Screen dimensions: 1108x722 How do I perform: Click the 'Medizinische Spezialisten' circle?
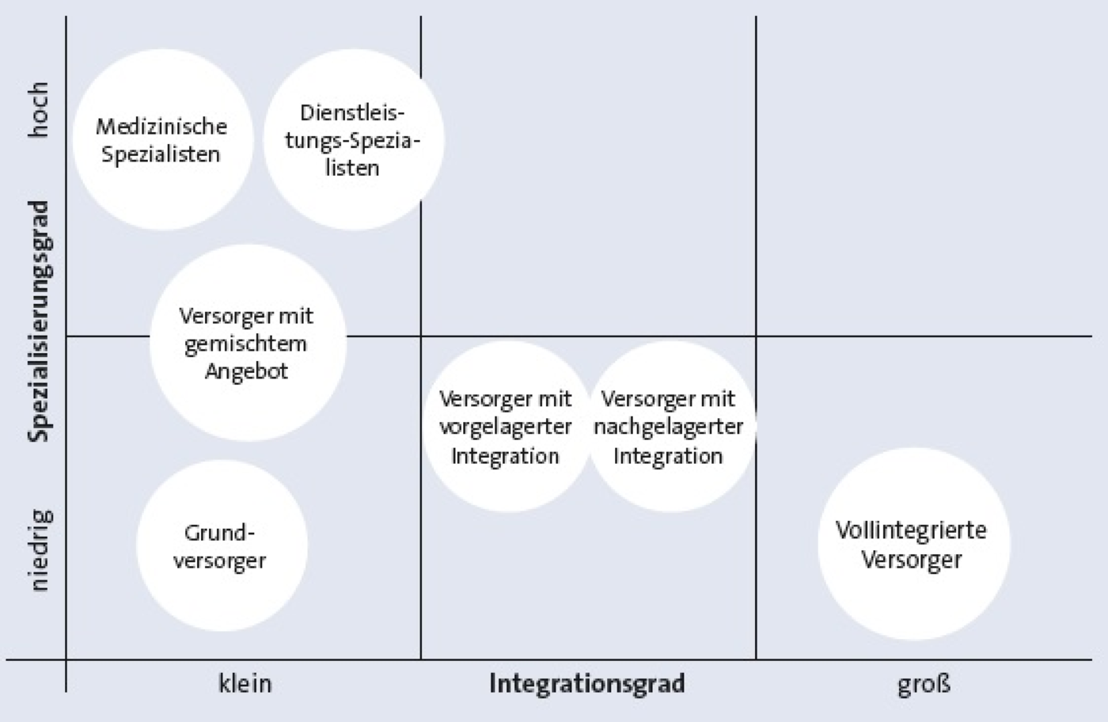coord(163,139)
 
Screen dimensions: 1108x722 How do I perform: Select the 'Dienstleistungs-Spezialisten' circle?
coord(354,139)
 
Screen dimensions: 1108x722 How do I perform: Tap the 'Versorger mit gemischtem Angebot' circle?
coord(248,343)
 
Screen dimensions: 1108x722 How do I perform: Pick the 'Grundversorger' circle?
coord(222,545)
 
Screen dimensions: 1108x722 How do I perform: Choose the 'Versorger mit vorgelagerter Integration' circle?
coord(507,427)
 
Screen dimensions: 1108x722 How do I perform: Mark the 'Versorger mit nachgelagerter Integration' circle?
coord(671,427)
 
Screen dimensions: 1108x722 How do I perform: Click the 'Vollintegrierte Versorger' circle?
coord(913,544)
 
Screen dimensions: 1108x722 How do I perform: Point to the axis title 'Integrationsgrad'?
coord(587,684)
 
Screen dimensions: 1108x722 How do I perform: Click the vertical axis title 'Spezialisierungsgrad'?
coord(38,321)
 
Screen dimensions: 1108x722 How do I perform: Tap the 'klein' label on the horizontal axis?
coord(245,683)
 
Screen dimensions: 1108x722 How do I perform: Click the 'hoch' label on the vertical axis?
coord(38,110)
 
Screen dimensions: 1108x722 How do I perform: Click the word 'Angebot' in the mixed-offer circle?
coord(246,371)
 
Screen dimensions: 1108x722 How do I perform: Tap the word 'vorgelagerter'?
coord(506,427)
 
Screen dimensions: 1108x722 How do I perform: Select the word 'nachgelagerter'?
coord(668,427)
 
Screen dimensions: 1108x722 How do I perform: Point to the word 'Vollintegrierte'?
coord(911,530)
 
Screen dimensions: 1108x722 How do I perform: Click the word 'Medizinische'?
coord(161,127)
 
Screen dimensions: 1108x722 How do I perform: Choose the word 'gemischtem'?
coord(246,344)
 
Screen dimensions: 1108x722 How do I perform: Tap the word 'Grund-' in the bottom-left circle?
coord(220,534)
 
